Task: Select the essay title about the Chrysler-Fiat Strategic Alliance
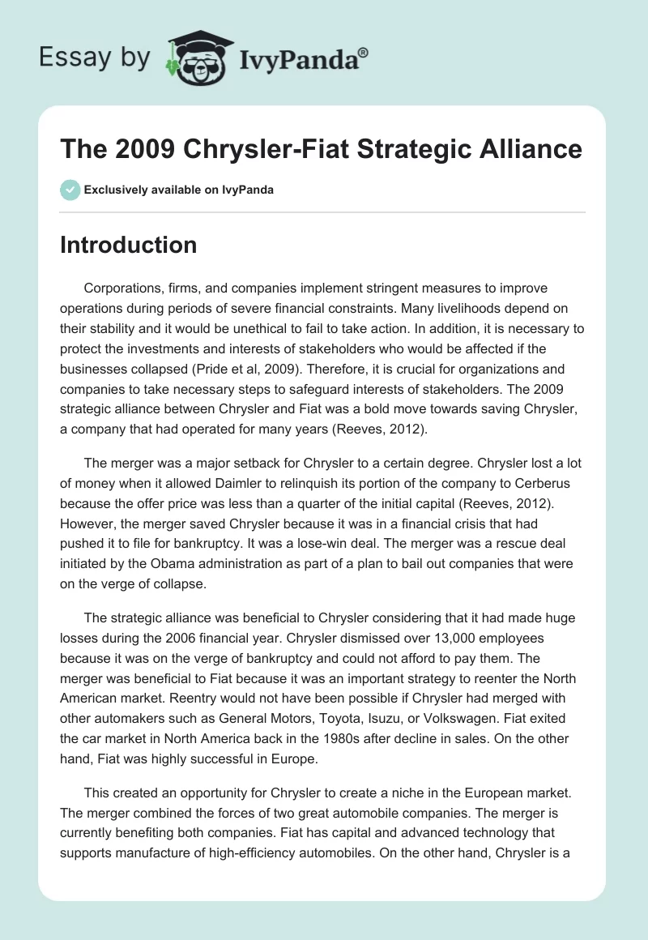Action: [x=321, y=149]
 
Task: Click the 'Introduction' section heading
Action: [x=128, y=245]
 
